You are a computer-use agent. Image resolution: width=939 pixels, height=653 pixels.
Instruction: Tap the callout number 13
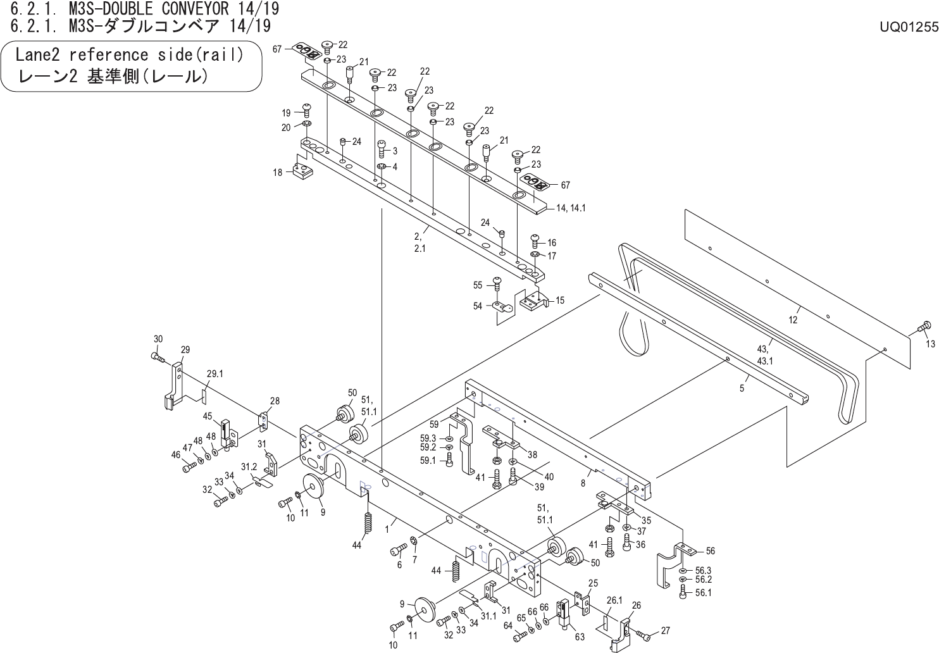tap(930, 344)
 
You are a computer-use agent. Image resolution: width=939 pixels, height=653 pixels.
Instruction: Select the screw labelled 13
tap(923, 326)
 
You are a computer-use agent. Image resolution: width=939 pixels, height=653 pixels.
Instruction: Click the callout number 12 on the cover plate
tap(793, 320)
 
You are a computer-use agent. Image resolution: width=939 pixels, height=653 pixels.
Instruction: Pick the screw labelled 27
tap(643, 633)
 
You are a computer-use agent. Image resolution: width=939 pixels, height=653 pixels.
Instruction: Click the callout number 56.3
tap(703, 569)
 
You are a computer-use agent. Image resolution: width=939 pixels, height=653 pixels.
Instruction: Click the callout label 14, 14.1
tap(571, 208)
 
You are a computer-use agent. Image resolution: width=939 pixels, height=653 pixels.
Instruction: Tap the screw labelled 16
tap(534, 240)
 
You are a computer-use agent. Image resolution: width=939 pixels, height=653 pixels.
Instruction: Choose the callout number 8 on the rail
tap(582, 483)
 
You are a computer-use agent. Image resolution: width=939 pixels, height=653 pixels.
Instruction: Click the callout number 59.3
tap(428, 438)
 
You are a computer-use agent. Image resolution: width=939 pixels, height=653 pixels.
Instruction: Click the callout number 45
tap(207, 416)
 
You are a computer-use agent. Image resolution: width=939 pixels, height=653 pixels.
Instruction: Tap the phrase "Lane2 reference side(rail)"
tap(129, 55)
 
